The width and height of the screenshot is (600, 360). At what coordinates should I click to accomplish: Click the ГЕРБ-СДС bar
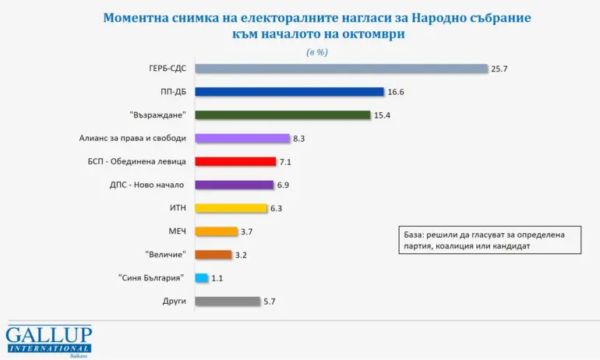click(341, 69)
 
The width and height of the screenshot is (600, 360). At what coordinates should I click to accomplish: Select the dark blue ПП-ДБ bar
click(289, 92)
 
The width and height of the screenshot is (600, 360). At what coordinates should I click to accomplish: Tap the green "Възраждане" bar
click(282, 115)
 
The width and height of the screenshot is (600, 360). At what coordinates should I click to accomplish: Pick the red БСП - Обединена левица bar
click(235, 161)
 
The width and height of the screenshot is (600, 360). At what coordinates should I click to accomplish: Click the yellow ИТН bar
click(231, 208)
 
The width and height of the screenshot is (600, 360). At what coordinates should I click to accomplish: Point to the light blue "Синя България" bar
click(201, 277)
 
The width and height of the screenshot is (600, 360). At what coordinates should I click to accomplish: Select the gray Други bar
click(227, 301)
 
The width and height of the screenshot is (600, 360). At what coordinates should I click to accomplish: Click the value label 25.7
click(500, 69)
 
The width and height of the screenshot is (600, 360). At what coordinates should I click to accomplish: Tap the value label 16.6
click(397, 92)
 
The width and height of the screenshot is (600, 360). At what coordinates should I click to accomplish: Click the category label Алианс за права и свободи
click(132, 139)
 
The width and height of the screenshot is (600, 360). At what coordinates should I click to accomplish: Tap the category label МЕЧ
click(177, 231)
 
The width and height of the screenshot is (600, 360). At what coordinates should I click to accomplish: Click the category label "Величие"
click(165, 254)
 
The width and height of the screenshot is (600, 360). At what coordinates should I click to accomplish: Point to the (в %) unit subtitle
click(316, 51)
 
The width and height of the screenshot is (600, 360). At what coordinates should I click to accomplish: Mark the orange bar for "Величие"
click(213, 254)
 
